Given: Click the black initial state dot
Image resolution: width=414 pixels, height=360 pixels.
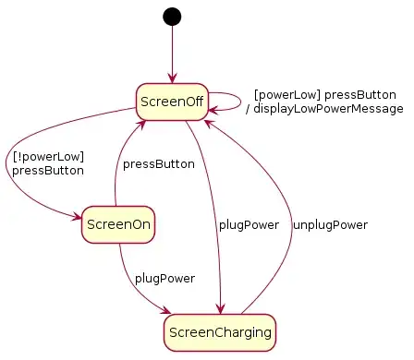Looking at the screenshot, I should coord(171,16).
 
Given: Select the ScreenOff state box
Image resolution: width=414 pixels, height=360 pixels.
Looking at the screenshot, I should coord(171,101).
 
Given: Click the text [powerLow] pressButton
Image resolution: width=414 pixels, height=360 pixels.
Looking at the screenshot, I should coord(324,95).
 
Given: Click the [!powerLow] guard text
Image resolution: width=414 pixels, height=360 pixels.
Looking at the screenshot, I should coord(36,156).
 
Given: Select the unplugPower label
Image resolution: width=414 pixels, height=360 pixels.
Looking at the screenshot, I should coord(330,224).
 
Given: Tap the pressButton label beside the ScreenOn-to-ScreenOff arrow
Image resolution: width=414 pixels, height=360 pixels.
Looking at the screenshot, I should coord(158,164).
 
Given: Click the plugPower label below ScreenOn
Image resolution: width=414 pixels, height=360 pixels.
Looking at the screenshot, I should coord(164,278).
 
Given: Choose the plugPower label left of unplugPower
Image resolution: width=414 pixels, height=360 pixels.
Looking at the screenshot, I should coord(248,224).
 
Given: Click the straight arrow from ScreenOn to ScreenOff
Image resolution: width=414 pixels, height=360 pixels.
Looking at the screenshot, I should coord(116,166).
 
